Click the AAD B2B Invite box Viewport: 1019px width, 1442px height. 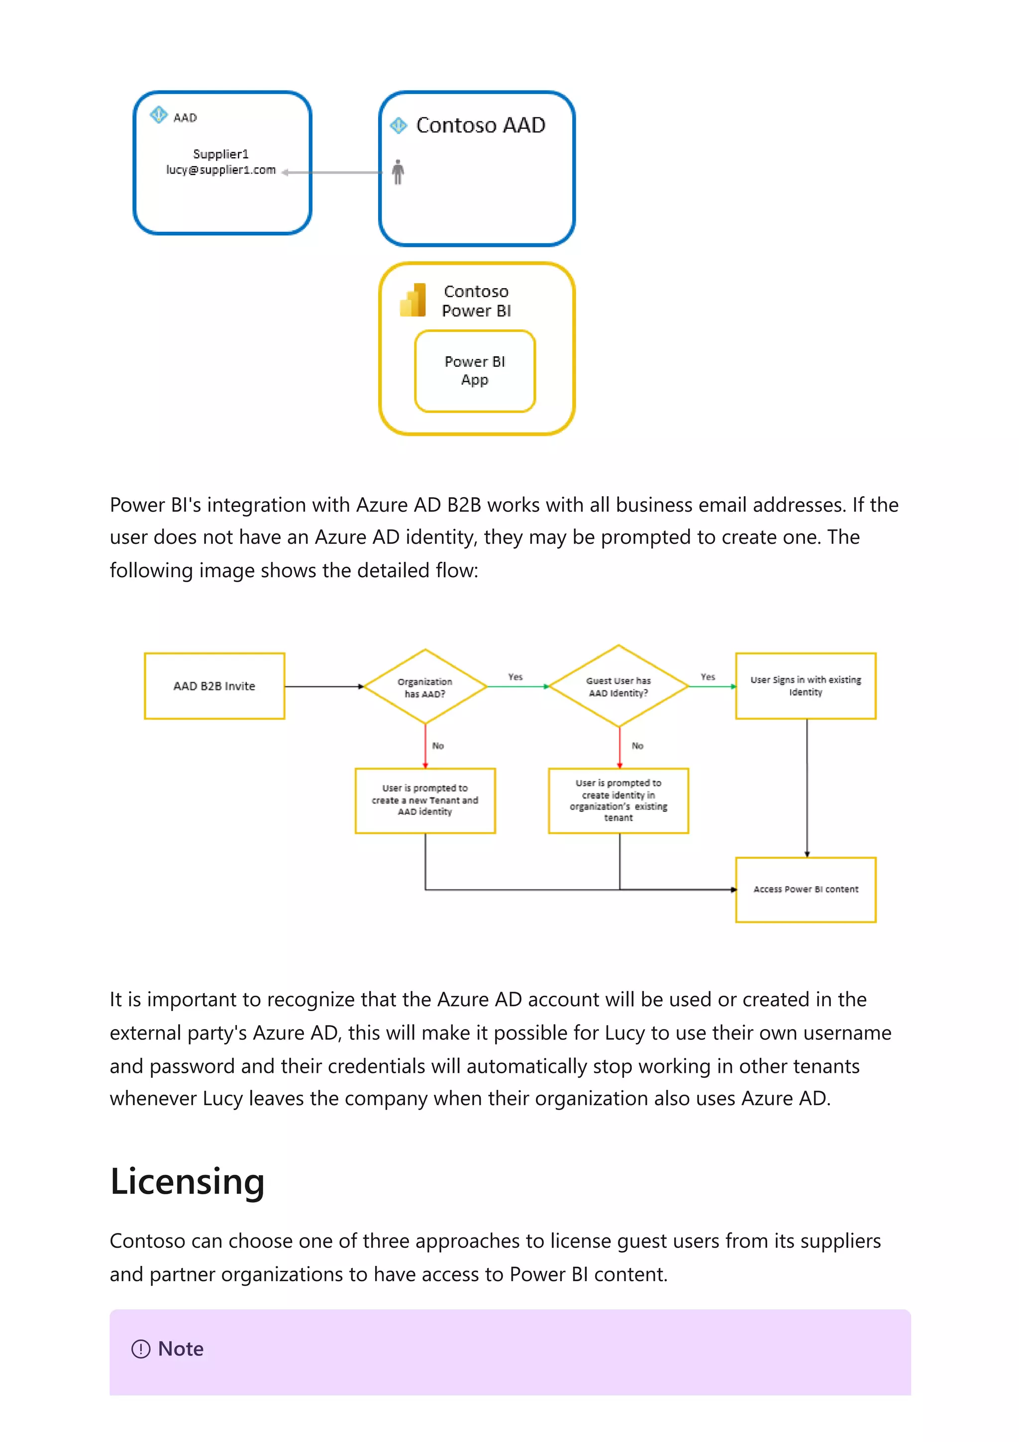point(214,686)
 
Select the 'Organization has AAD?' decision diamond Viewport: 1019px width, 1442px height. point(425,687)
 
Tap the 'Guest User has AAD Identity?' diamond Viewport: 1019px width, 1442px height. point(618,687)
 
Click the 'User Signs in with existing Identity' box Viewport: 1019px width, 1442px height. point(806,686)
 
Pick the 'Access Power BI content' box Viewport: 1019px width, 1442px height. point(806,889)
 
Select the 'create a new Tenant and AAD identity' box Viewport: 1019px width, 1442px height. point(425,800)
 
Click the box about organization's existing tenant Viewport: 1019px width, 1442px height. point(618,800)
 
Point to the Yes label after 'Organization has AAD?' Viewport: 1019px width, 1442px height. point(515,676)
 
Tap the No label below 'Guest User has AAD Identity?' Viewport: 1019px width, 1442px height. point(637,745)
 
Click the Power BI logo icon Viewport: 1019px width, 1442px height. point(413,300)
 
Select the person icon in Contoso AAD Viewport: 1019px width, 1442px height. point(398,172)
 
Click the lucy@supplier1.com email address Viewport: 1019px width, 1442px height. point(221,170)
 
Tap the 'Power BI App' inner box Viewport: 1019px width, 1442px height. point(475,371)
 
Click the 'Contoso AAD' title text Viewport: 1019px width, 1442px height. point(481,125)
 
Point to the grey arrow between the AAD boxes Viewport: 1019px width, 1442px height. point(333,172)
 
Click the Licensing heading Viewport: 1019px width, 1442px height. point(187,1181)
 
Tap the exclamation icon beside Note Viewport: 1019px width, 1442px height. point(141,1348)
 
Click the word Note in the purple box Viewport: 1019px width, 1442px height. point(181,1348)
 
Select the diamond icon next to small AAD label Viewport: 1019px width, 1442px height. point(158,115)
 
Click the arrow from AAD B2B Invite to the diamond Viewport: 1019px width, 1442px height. point(324,687)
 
